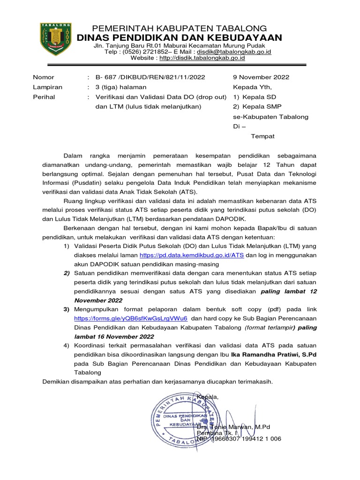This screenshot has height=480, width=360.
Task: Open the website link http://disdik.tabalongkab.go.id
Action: coord(202,58)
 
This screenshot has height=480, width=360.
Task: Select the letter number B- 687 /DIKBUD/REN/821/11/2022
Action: coord(150,77)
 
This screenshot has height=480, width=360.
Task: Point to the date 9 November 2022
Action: coord(261,77)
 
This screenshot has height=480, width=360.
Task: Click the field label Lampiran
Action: coord(47,87)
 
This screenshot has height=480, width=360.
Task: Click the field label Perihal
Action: coord(44,97)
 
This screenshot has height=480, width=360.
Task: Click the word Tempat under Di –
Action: coord(263,136)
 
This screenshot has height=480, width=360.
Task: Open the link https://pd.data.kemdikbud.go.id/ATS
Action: coord(192,255)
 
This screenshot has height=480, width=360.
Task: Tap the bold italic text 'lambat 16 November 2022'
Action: coord(114,337)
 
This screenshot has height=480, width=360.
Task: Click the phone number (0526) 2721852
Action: coord(148,52)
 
